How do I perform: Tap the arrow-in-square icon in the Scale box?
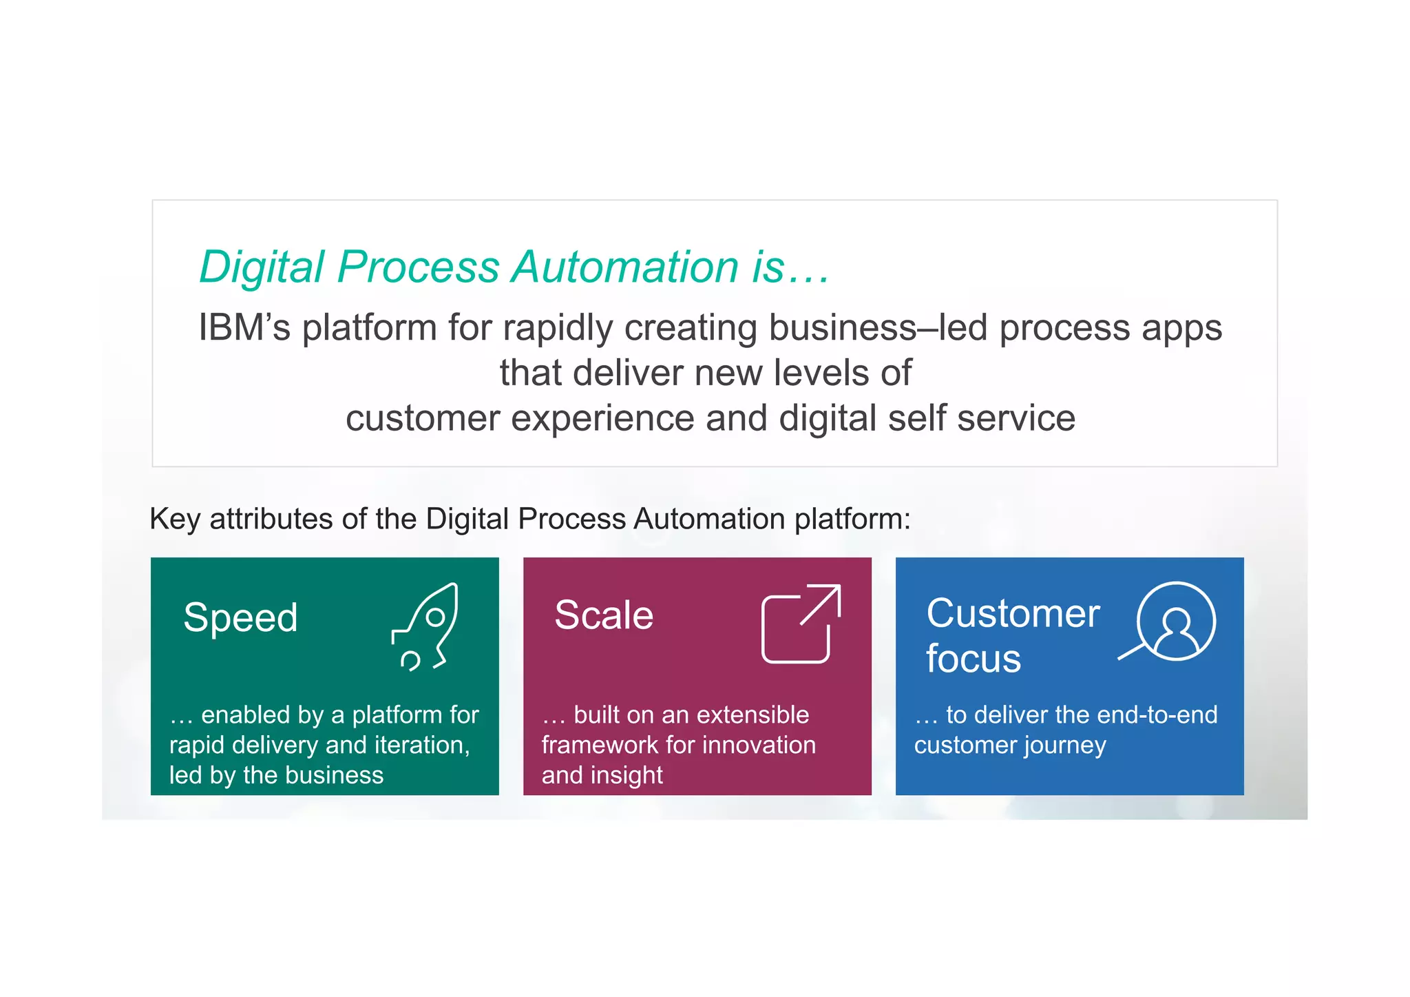(801, 624)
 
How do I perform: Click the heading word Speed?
(240, 617)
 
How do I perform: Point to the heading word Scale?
(604, 615)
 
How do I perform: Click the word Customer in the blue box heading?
(1013, 613)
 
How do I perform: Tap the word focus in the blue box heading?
(973, 659)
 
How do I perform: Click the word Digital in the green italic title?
(262, 267)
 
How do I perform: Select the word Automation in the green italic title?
(625, 267)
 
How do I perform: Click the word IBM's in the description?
(244, 327)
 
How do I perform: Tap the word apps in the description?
(1181, 329)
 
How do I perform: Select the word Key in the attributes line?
(174, 519)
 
